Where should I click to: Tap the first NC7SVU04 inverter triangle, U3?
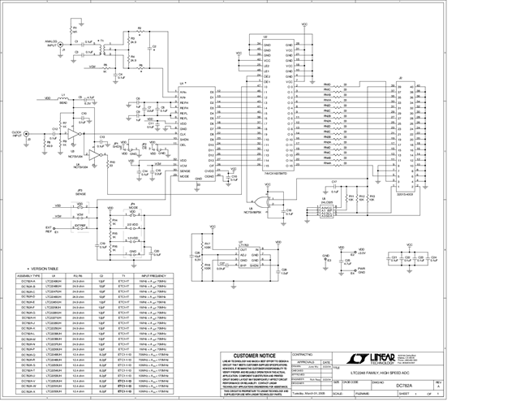(74, 132)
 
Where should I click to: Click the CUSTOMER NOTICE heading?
(254, 355)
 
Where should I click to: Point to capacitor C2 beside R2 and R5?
(153, 46)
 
